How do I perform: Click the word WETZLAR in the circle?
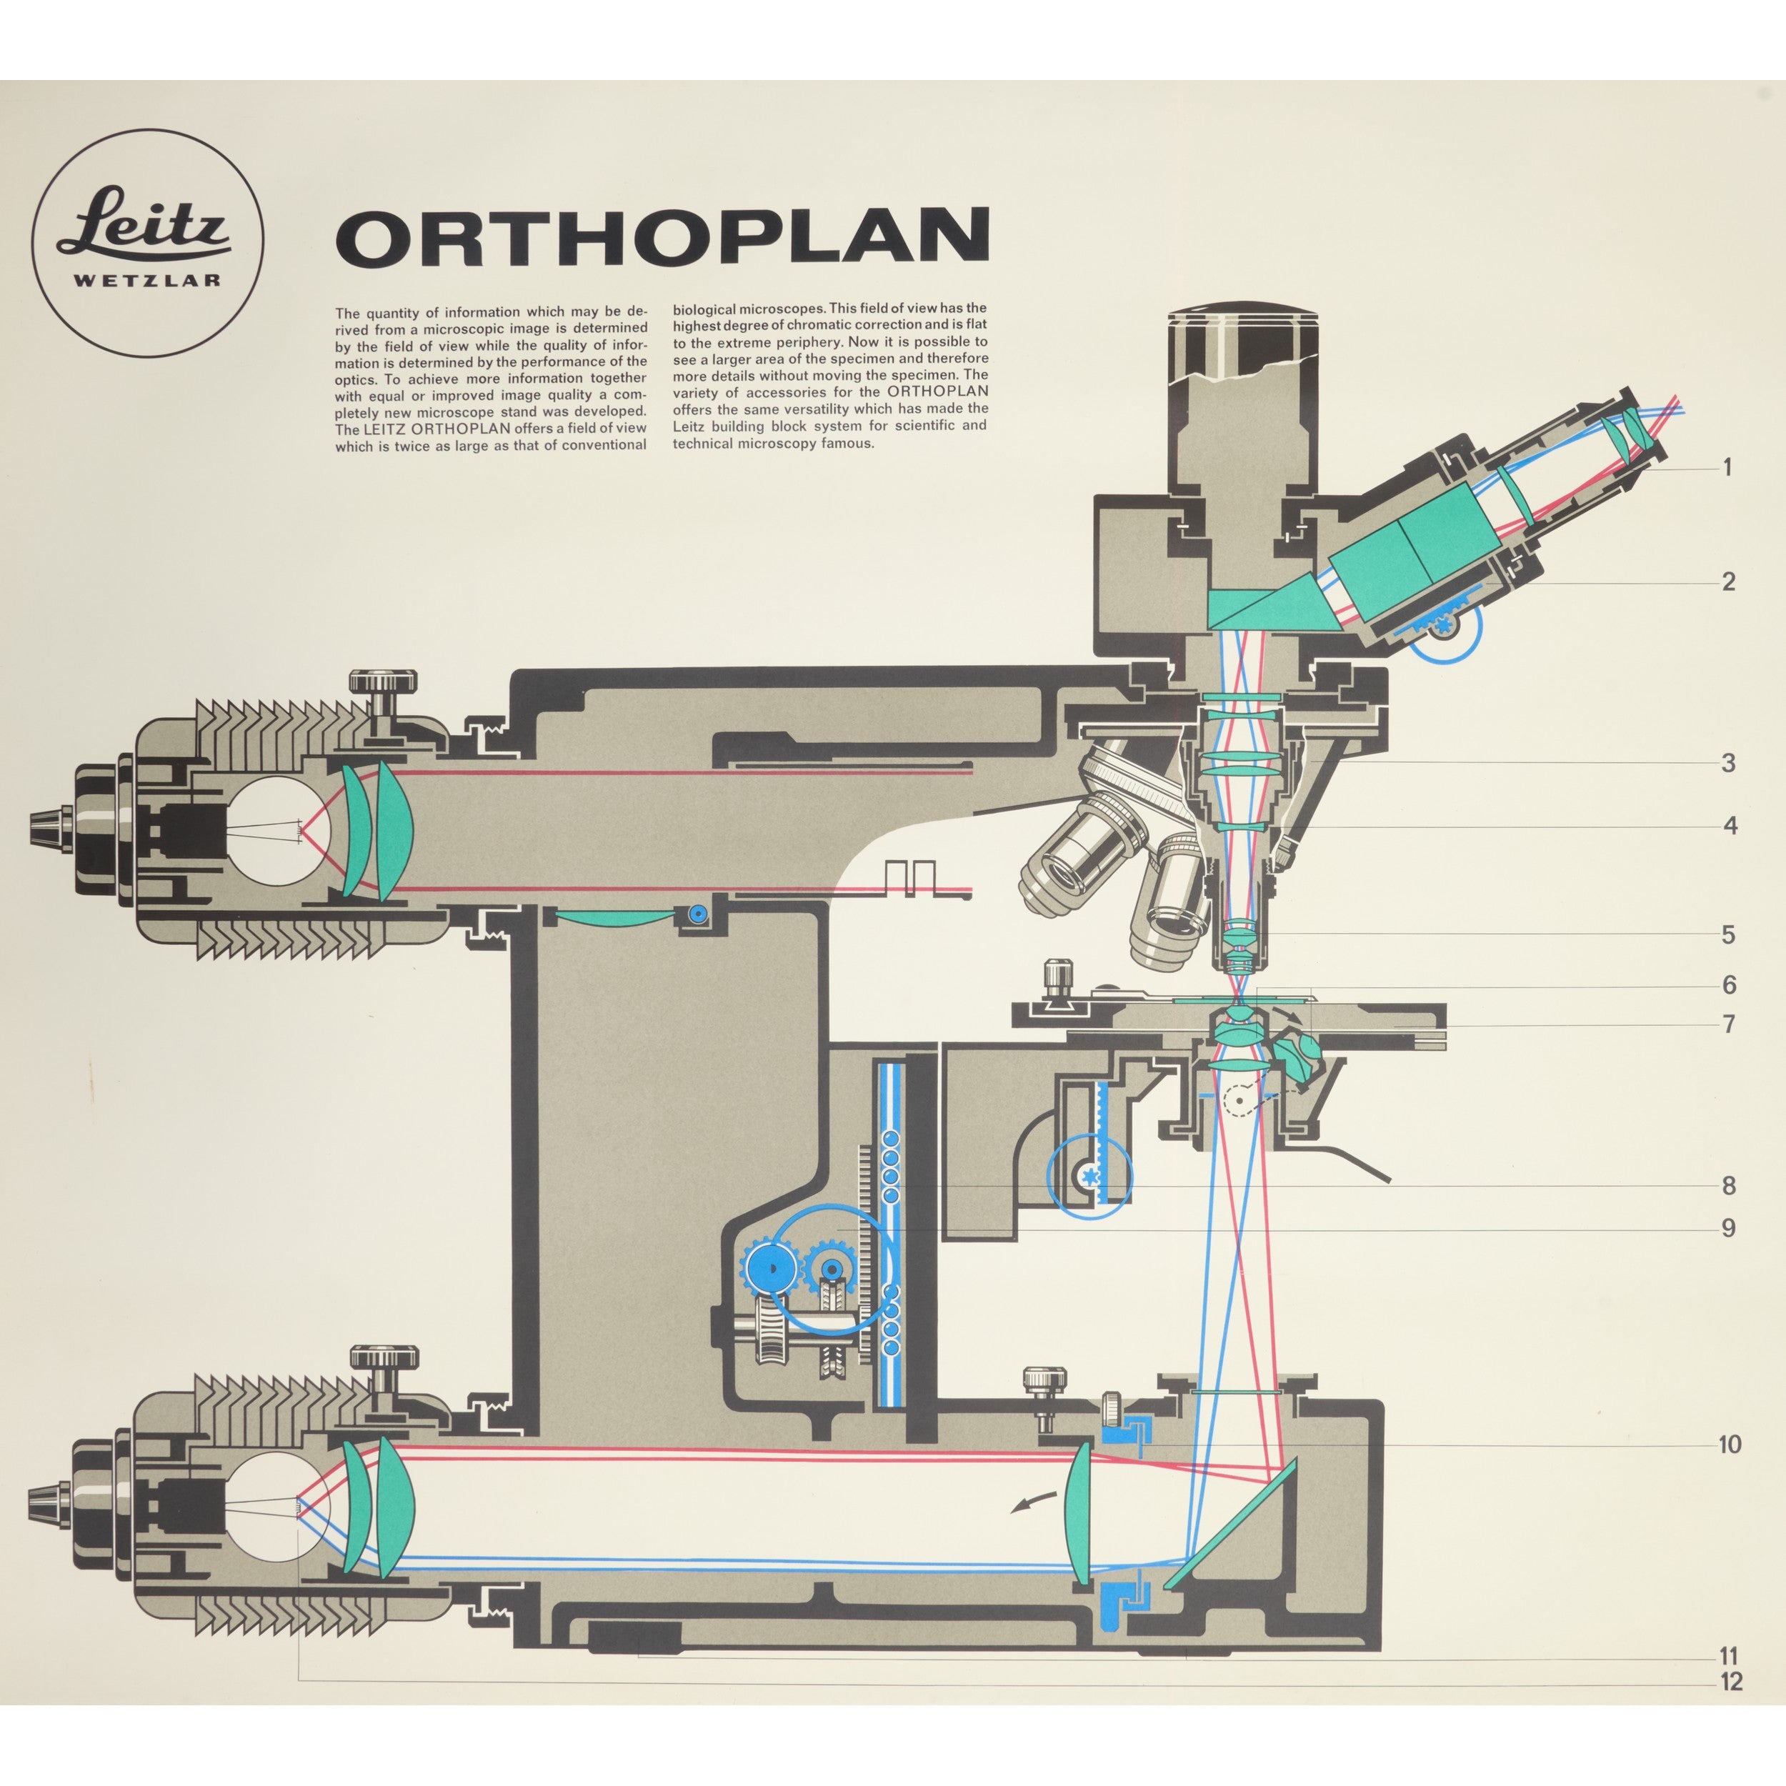[147, 280]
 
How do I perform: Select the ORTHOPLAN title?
[662, 236]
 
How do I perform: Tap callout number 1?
[1726, 468]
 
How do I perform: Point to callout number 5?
[1727, 934]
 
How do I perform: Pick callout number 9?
[1727, 1229]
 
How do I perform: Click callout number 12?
[1730, 1682]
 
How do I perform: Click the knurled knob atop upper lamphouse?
[383, 683]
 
